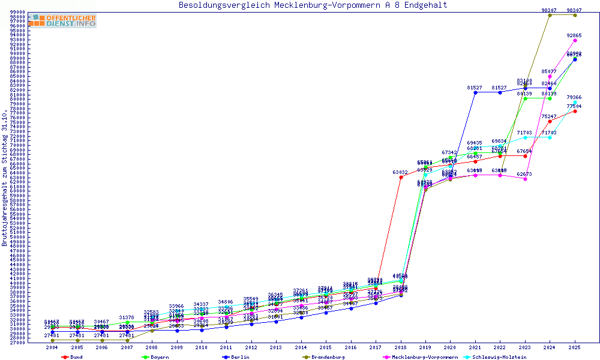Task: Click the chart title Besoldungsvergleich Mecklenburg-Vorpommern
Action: pyautogui.click(x=313, y=5)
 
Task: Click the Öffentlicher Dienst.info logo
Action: pyautogui.click(x=65, y=21)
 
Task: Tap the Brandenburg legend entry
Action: pyautogui.click(x=327, y=357)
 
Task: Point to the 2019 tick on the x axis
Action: pyautogui.click(x=425, y=347)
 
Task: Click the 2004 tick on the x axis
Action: pyautogui.click(x=52, y=347)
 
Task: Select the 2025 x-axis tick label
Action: pyautogui.click(x=575, y=347)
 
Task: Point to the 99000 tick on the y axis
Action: pyautogui.click(x=17, y=12)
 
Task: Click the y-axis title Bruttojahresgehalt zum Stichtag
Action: pyautogui.click(x=5, y=178)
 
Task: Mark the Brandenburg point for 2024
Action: pyautogui.click(x=550, y=15)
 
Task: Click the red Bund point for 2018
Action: pyautogui.click(x=401, y=177)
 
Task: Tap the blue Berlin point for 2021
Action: pyautogui.click(x=475, y=92)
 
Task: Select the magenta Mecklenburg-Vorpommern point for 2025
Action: pyautogui.click(x=575, y=40)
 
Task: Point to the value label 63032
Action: pyautogui.click(x=400, y=172)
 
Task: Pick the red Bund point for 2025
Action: pyautogui.click(x=575, y=111)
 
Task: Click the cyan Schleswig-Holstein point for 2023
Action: pyautogui.click(x=525, y=137)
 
